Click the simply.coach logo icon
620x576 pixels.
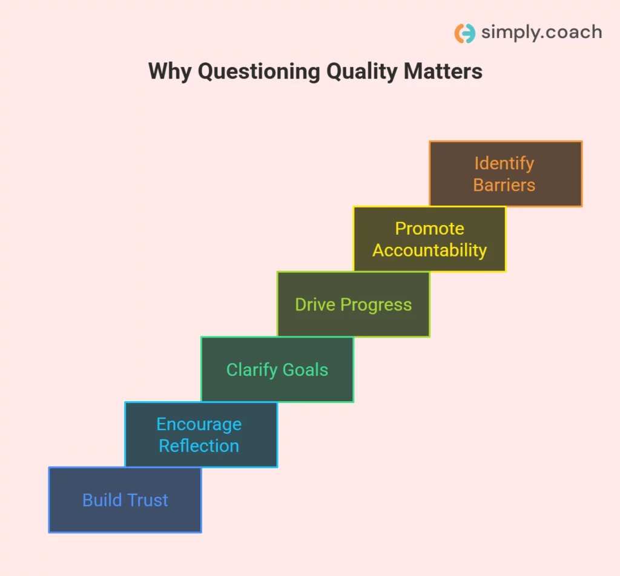coord(464,33)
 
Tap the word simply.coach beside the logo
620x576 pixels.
coord(542,33)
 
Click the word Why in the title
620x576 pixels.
coord(170,71)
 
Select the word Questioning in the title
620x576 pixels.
coord(259,71)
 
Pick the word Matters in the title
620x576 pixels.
coord(443,71)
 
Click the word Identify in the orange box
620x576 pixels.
coord(504,163)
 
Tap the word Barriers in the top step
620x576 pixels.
coord(504,185)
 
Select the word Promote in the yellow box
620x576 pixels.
coord(430,228)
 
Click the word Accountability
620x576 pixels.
coord(430,250)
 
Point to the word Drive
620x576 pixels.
coord(315,304)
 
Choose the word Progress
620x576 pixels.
coord(376,305)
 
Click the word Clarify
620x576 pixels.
coord(252,370)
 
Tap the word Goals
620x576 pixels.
coord(305,370)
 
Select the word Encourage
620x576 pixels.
coord(199,425)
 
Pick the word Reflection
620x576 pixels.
coord(199,446)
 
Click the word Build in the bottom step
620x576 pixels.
coord(102,500)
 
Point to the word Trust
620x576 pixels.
coord(147,500)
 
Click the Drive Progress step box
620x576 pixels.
coord(354,304)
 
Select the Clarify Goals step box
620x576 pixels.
coord(277,370)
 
